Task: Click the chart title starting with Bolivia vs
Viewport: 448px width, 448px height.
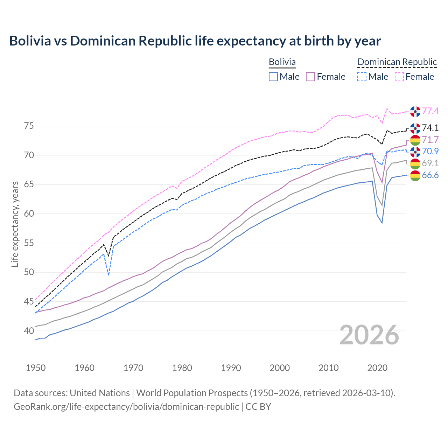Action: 195,41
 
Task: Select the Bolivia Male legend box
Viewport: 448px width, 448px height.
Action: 273,77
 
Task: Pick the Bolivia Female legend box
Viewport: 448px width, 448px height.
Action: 310,77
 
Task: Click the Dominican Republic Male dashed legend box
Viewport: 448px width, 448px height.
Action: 362,77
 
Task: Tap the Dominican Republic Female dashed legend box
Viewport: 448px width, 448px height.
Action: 399,77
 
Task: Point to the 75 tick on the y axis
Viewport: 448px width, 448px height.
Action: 29,126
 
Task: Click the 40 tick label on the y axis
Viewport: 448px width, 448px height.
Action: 29,331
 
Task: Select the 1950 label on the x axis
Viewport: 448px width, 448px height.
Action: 36,368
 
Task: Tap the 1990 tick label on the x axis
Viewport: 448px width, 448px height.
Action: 231,368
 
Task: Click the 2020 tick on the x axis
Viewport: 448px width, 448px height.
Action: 377,368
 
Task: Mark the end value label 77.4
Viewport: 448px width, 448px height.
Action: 430,111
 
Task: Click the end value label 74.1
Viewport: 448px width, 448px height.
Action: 430,128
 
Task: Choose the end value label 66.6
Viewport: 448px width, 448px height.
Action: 430,175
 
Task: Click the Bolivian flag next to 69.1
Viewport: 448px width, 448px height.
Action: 415,163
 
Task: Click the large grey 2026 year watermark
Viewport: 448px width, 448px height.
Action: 369,335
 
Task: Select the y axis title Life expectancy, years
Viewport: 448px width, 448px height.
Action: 15,224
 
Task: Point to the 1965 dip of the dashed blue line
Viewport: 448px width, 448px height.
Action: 108,275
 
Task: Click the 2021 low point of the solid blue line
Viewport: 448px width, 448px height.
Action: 382,223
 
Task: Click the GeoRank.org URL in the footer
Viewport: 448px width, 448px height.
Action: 126,407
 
